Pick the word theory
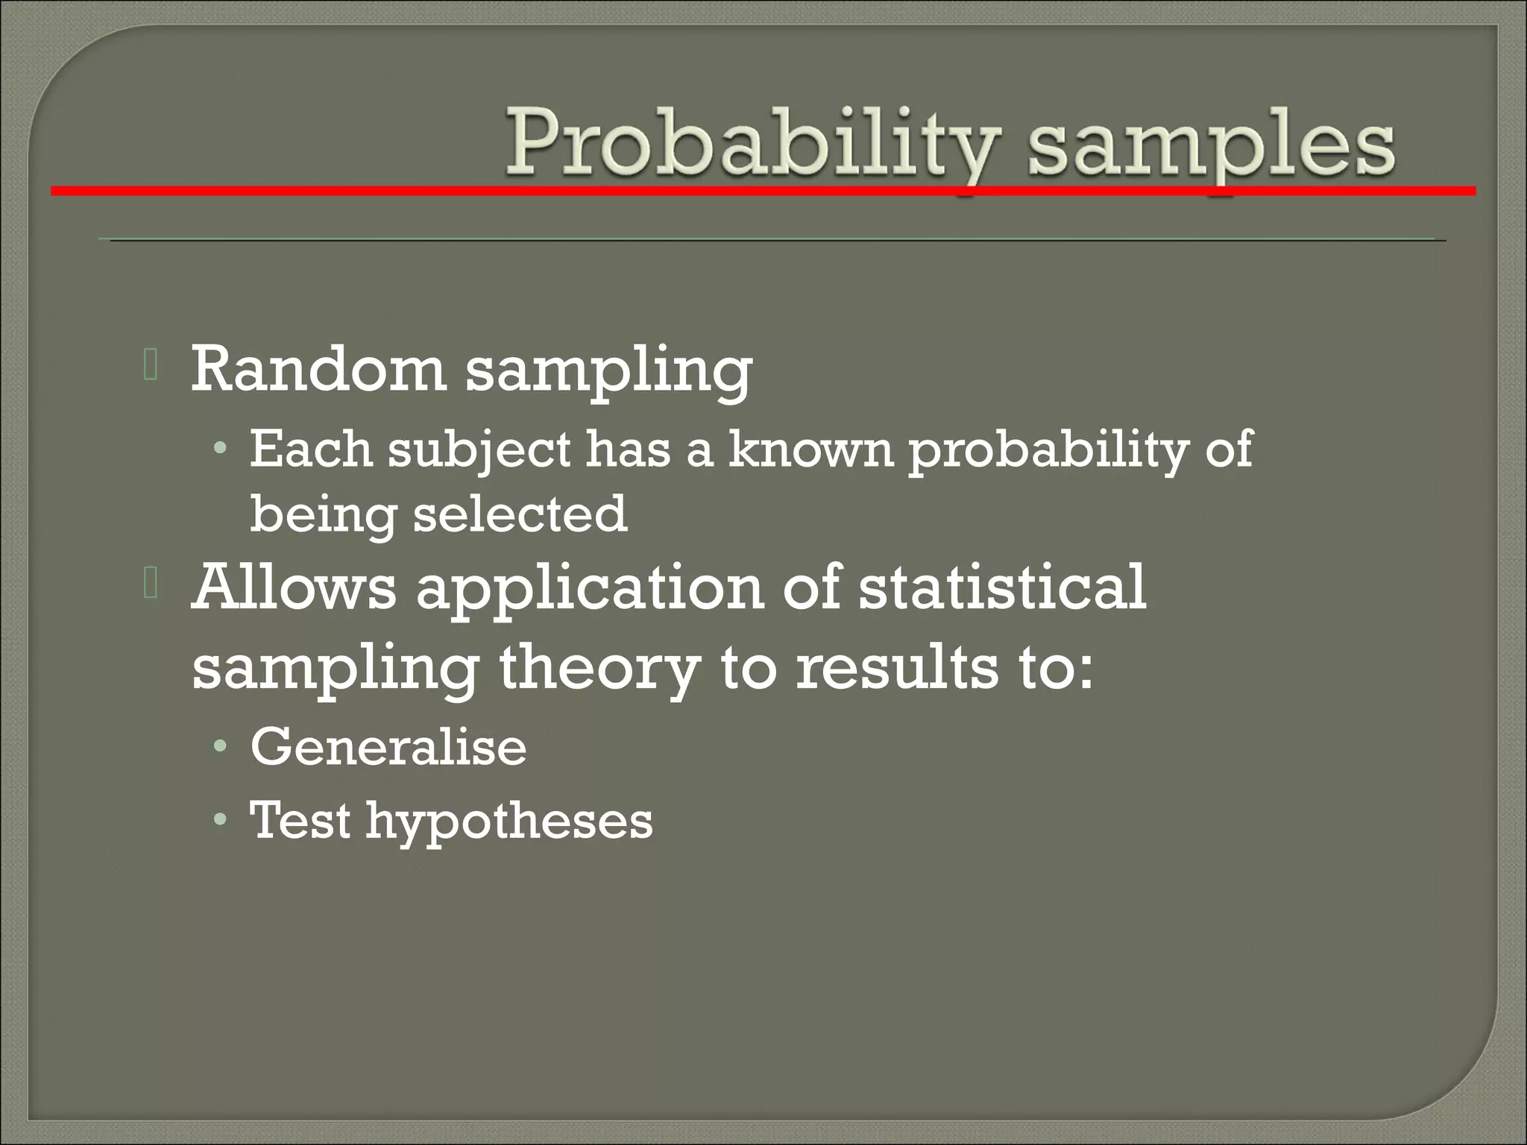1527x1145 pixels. click(600, 669)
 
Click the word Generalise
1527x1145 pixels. click(388, 747)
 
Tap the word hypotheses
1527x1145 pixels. click(509, 824)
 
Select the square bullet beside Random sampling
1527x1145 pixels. click(151, 365)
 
